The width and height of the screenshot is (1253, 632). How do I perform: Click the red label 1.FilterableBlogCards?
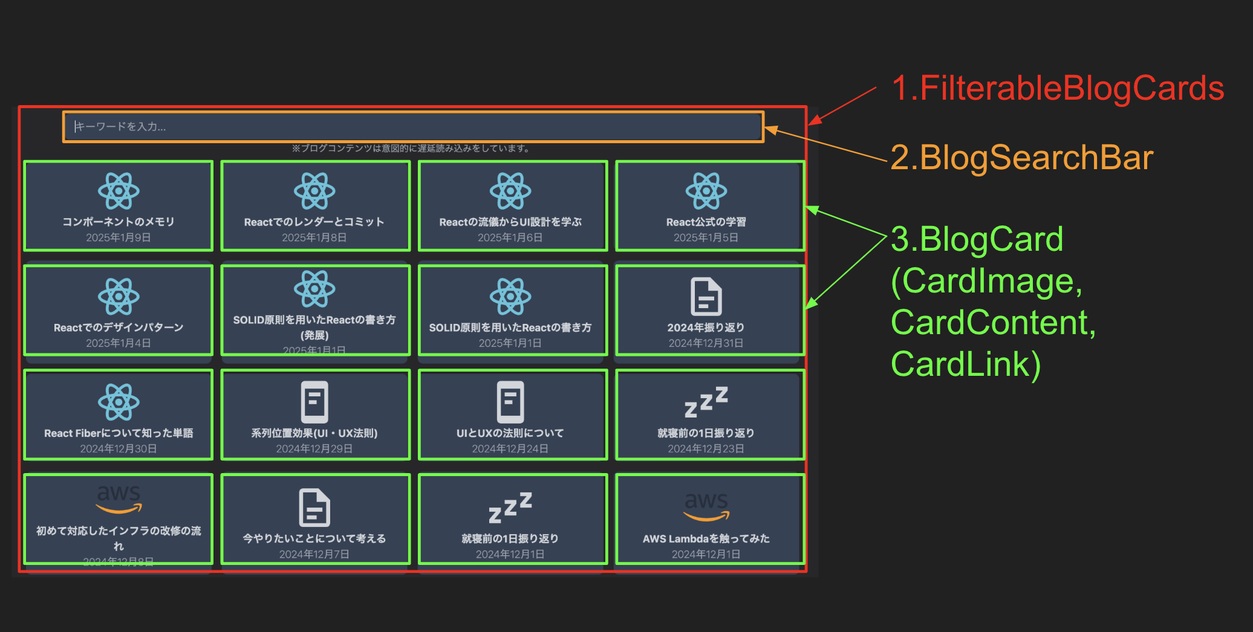click(1057, 88)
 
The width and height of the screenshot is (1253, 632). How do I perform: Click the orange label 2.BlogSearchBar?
click(1021, 158)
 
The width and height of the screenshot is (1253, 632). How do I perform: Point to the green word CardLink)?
click(966, 364)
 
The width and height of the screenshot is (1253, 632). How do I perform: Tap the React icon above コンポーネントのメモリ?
click(119, 191)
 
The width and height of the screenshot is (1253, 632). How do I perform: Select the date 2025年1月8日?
click(314, 237)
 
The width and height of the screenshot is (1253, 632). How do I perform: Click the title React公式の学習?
click(706, 222)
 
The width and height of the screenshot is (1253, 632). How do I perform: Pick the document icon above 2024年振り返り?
click(706, 296)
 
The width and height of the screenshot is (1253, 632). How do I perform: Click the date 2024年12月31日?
click(706, 343)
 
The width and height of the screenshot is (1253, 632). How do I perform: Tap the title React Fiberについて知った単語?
click(119, 433)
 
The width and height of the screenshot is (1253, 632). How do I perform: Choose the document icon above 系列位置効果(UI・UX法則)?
click(314, 402)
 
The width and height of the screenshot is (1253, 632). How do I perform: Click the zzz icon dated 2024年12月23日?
click(706, 402)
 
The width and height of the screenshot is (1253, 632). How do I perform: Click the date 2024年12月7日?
click(314, 554)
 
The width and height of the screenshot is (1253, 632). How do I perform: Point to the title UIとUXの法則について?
click(510, 433)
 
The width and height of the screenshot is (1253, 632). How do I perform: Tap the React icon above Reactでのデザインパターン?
click(119, 296)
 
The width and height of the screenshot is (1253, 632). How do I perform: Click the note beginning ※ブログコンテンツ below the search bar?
click(411, 149)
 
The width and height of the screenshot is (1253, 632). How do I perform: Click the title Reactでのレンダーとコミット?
click(314, 222)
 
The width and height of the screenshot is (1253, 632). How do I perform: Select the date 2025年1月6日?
click(510, 237)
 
